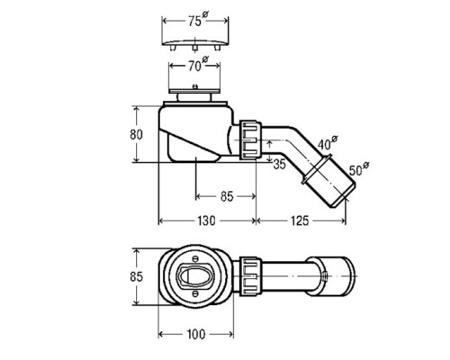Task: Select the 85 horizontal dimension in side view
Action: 227,194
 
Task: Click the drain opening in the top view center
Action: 194,271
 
